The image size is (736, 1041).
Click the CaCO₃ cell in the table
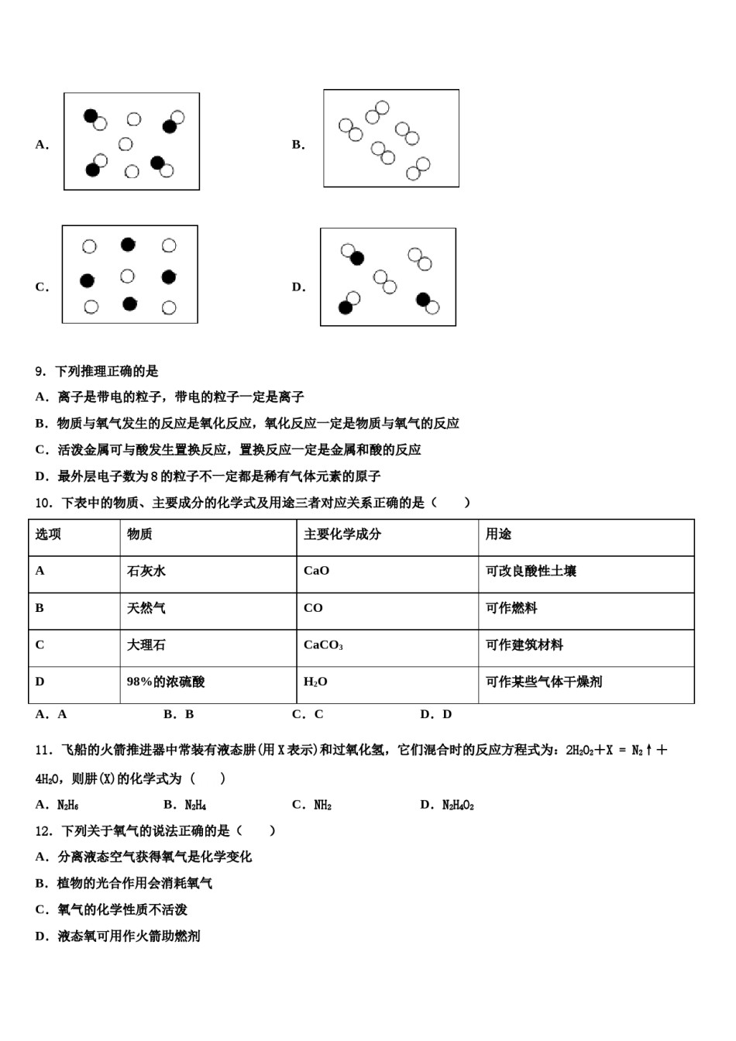(323, 645)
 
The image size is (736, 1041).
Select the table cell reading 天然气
(146, 608)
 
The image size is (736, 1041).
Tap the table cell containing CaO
(316, 571)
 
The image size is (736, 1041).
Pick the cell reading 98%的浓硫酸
(166, 682)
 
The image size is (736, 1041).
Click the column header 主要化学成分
(342, 534)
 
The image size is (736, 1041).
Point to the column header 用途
(498, 534)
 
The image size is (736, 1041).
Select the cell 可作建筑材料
(524, 645)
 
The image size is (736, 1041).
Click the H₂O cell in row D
(315, 682)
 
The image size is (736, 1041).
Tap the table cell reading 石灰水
(146, 571)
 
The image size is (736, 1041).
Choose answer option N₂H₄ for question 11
(195, 806)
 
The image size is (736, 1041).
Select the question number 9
(41, 372)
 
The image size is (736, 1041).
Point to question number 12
(44, 831)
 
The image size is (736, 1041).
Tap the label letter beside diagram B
(298, 145)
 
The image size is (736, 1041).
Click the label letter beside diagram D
(298, 287)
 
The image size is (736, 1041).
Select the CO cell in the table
(313, 608)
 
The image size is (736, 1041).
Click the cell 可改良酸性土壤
(531, 571)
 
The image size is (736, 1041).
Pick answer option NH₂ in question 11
(322, 806)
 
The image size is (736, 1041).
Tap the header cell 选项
(48, 534)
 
